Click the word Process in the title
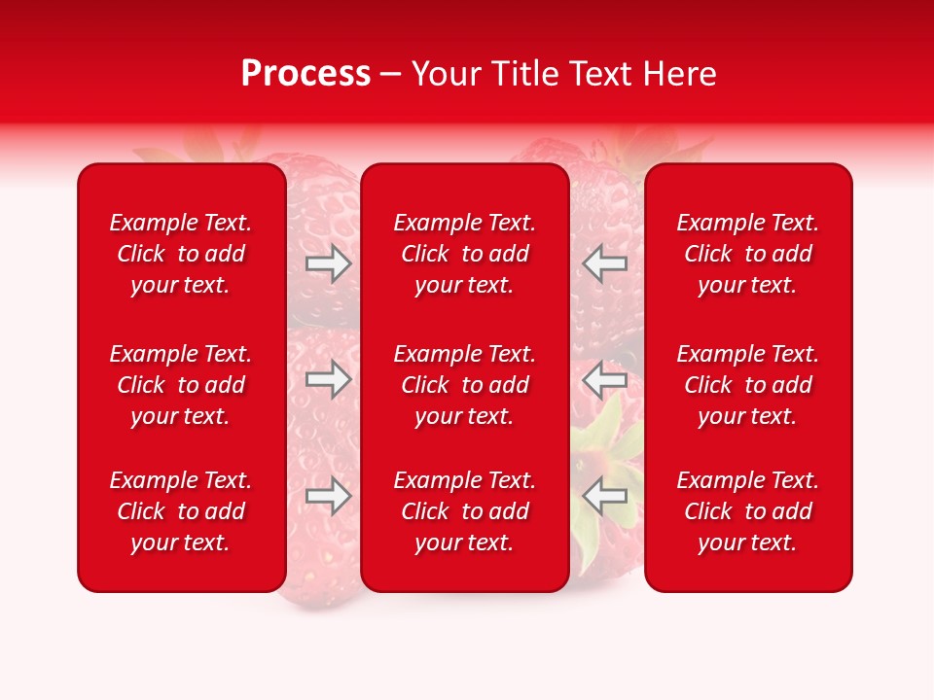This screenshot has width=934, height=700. [x=305, y=74]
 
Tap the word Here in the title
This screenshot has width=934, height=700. [x=677, y=74]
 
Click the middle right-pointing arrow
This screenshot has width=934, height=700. [x=329, y=379]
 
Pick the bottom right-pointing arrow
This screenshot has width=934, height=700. [x=329, y=496]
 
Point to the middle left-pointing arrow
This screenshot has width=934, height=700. [x=605, y=379]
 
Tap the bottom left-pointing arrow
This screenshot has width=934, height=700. [x=605, y=496]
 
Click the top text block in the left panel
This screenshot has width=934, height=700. [x=181, y=254]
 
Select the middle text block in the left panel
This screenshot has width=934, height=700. [x=181, y=385]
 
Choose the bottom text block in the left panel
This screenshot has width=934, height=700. [x=181, y=511]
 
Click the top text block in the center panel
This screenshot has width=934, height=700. [x=464, y=254]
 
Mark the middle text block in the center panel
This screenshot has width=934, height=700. [x=464, y=385]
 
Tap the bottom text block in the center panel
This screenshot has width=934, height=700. [x=464, y=511]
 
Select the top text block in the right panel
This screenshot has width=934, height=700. [x=747, y=254]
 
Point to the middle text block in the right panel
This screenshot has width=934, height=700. [x=747, y=385]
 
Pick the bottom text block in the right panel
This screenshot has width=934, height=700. [x=747, y=511]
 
